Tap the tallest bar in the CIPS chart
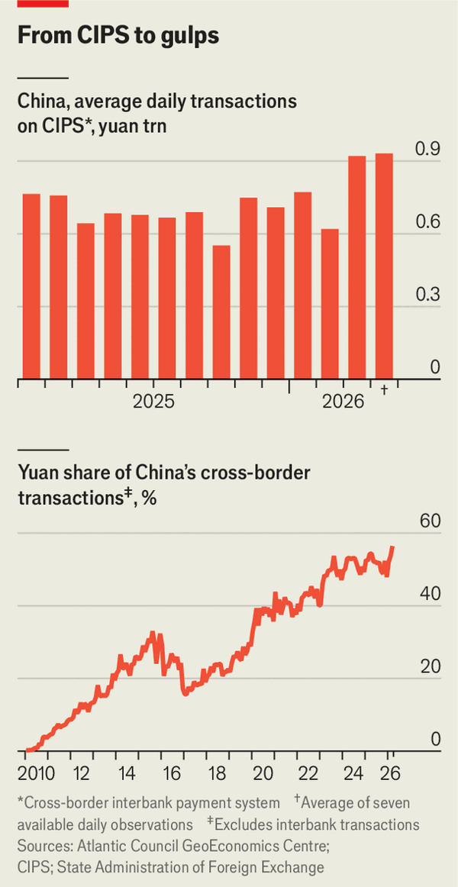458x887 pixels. (384, 266)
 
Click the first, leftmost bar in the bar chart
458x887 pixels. (31, 286)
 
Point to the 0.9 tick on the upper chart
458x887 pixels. (427, 149)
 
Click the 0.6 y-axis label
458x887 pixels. (427, 221)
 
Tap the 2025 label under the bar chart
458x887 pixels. (153, 402)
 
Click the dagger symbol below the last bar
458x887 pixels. (384, 390)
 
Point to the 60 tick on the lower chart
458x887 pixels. (430, 521)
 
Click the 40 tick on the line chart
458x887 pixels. (430, 594)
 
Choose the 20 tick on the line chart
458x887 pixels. (430, 666)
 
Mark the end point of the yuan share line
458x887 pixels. (392, 547)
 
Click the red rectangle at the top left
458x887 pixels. (43, 3)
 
